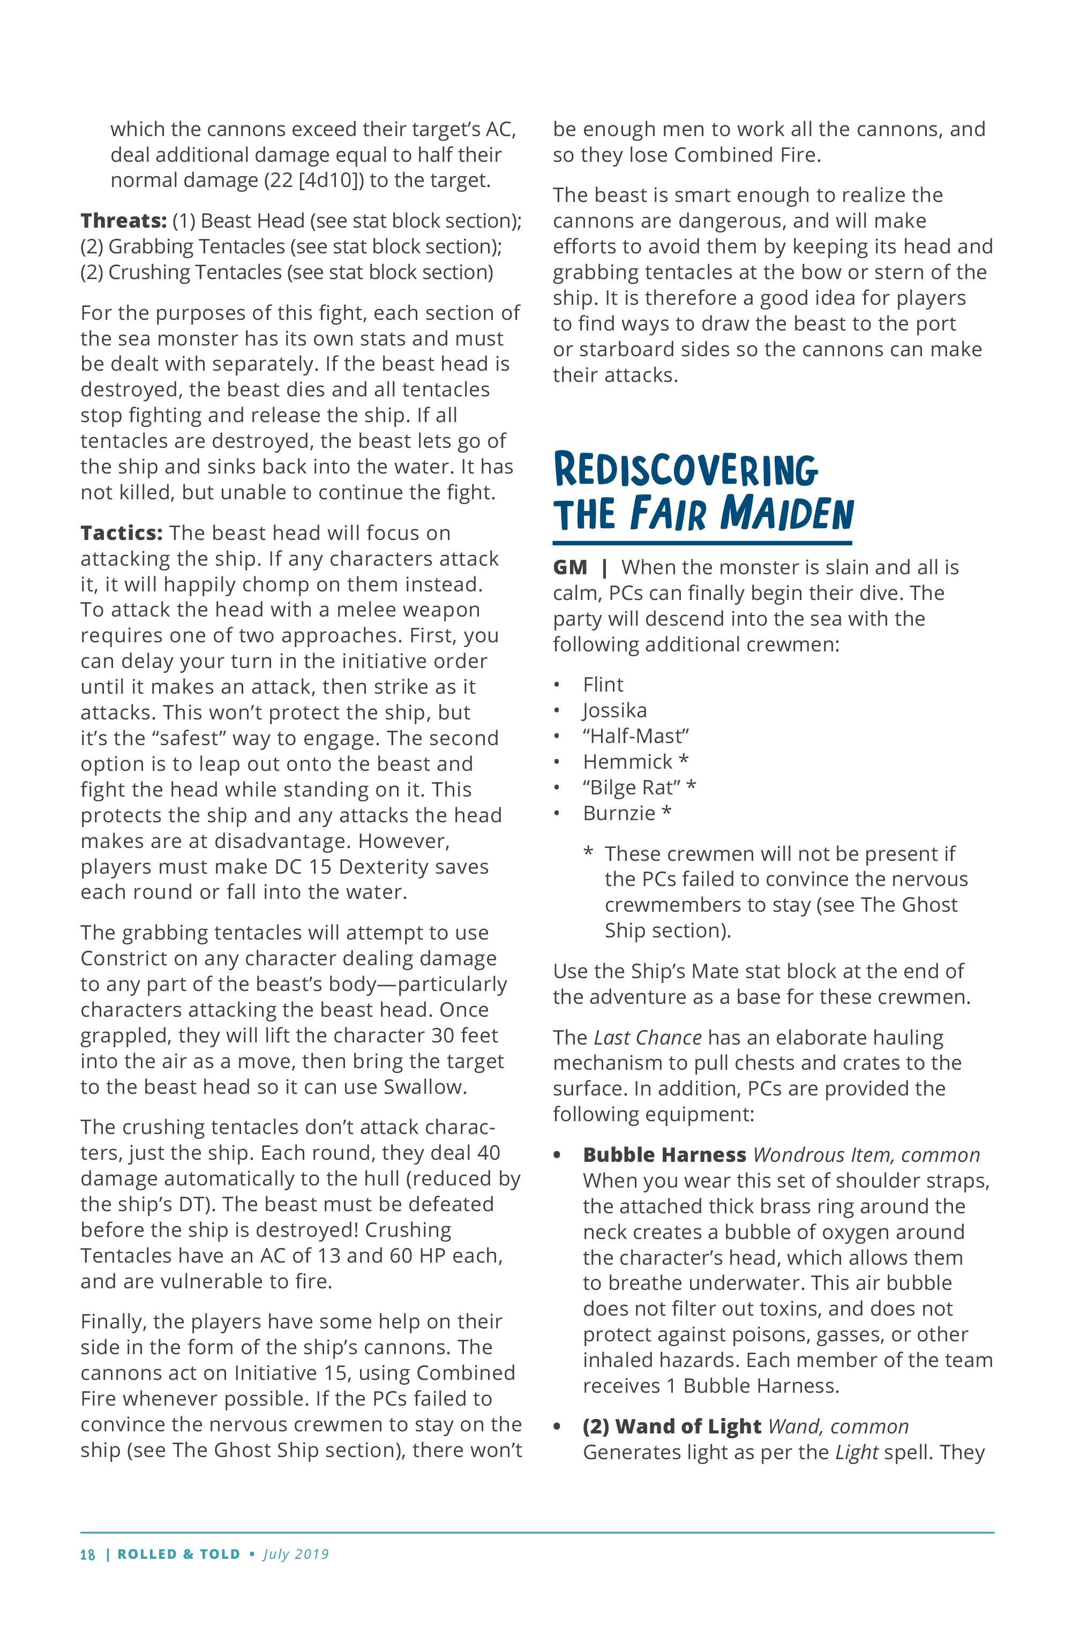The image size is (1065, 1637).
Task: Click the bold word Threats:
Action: (x=123, y=221)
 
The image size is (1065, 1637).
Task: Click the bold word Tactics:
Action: (x=121, y=533)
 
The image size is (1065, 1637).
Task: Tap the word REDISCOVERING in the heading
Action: (x=685, y=470)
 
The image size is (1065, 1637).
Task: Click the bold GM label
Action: (x=569, y=567)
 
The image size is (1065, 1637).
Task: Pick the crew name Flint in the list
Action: (x=603, y=685)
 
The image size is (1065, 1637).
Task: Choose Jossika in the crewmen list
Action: (x=614, y=710)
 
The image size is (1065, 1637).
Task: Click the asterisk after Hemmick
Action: (x=683, y=761)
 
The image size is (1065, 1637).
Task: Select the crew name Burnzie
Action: (x=619, y=813)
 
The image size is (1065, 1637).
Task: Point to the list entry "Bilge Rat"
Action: (x=631, y=787)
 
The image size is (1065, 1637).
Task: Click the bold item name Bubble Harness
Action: (x=664, y=1155)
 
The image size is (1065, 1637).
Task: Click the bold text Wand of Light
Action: (x=687, y=1426)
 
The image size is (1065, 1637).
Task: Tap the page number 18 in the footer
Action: (x=87, y=1555)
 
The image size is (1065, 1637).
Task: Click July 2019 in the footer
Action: (x=296, y=1555)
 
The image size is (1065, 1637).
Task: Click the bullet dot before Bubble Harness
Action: (x=557, y=1155)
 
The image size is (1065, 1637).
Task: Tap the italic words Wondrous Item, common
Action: (x=866, y=1155)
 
